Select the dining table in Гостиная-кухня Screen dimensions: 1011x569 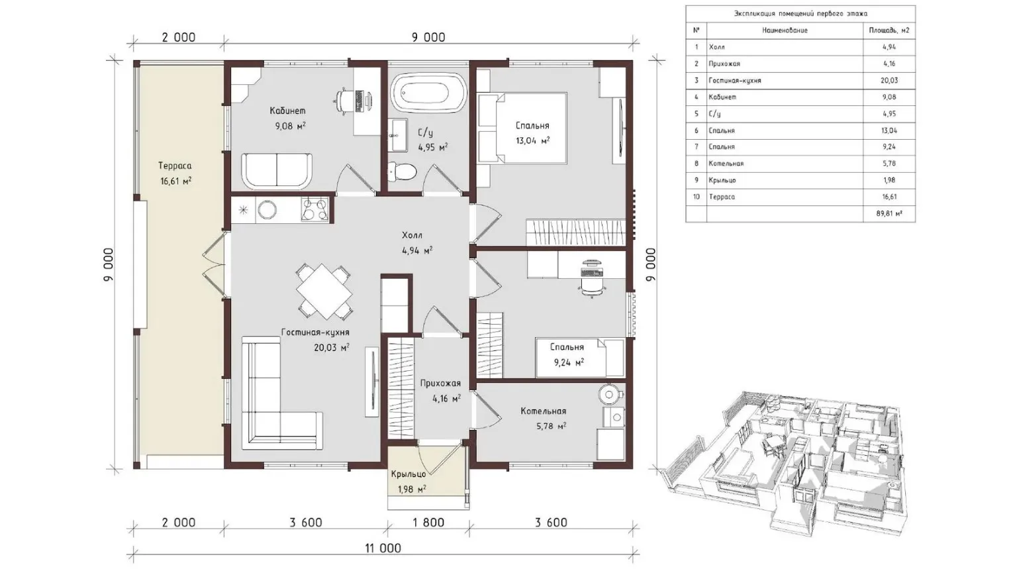(324, 291)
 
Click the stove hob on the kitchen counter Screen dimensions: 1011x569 (315, 209)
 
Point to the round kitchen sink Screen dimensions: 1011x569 (267, 209)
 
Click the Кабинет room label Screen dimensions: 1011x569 (287, 111)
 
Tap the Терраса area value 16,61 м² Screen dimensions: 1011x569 (175, 181)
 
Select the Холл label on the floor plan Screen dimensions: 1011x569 (412, 235)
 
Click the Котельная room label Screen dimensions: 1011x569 (544, 411)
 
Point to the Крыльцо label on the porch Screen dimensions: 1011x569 (409, 474)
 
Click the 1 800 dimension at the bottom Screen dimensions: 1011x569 (428, 523)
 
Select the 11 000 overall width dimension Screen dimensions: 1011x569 (383, 548)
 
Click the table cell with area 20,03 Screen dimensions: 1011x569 (889, 80)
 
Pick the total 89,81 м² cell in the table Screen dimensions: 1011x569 (889, 213)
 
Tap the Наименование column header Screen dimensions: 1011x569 (785, 30)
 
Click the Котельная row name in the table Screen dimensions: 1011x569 (726, 164)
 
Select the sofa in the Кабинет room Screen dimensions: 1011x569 (277, 170)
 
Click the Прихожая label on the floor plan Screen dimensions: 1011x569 (440, 384)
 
